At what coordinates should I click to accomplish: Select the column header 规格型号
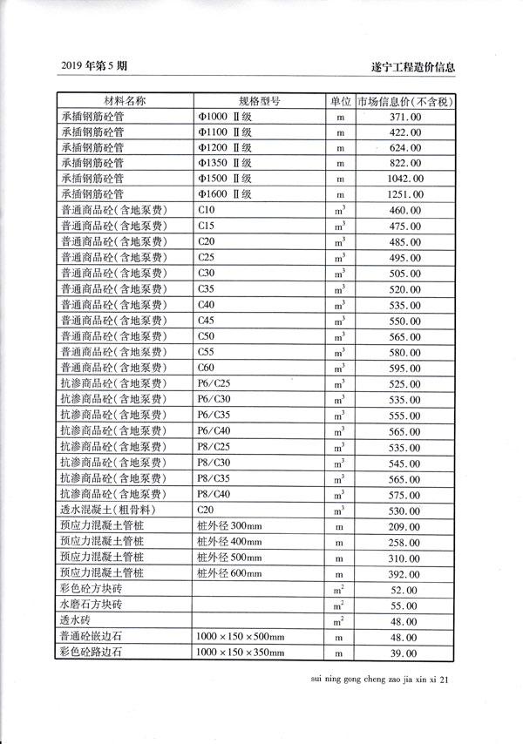tap(259, 101)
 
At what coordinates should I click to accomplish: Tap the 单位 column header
tap(341, 101)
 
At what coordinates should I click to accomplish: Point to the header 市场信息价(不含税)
tap(404, 101)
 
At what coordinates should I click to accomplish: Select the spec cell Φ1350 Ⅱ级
tap(225, 163)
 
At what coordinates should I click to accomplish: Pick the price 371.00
tap(405, 116)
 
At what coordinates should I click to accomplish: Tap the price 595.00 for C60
tap(405, 368)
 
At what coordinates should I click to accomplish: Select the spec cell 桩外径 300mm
tap(230, 526)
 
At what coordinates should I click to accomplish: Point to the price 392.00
tap(405, 574)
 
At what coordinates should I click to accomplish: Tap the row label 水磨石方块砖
tap(92, 605)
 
